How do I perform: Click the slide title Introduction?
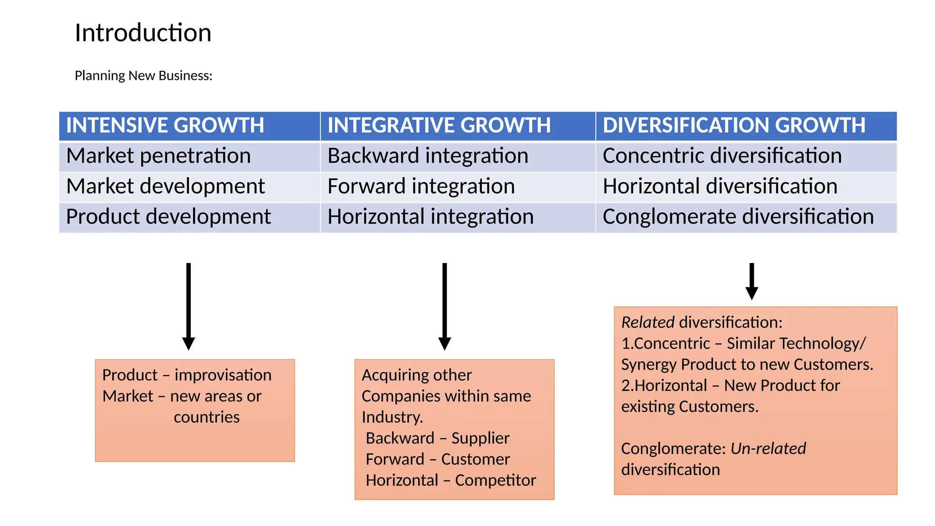click(143, 33)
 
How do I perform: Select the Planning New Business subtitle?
click(143, 75)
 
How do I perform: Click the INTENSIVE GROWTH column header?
click(165, 126)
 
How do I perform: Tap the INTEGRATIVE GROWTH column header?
click(439, 126)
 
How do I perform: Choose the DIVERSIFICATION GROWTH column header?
click(734, 126)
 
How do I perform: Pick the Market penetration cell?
click(158, 156)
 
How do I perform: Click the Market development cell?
click(165, 187)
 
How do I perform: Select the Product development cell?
click(168, 217)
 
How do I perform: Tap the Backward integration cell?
click(428, 156)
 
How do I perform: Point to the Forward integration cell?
click(421, 187)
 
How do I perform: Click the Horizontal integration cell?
click(430, 217)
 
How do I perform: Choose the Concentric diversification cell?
click(722, 156)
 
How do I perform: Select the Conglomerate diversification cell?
click(738, 217)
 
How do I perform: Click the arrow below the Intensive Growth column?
click(189, 306)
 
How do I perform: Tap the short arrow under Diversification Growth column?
click(751, 281)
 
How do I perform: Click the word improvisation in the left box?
click(223, 375)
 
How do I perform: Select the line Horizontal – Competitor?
click(451, 480)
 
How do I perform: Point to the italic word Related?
click(647, 322)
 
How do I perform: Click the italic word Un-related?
click(768, 448)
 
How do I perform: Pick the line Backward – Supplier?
click(437, 438)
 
